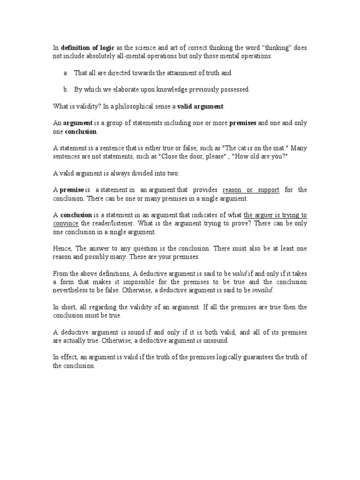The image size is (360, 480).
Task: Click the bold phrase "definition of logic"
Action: (88, 48)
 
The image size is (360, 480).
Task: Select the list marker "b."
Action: (65, 89)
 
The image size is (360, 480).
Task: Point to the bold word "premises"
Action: (243, 123)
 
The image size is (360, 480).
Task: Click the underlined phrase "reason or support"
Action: (251, 190)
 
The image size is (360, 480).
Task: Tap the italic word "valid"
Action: (240, 274)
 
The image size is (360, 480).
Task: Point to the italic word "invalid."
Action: (262, 290)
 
